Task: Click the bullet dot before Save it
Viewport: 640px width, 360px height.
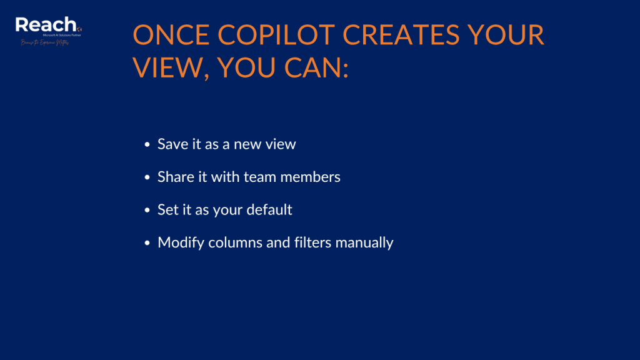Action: [147, 145]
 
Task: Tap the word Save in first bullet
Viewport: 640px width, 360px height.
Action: [171, 144]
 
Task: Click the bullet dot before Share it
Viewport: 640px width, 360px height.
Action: [147, 177]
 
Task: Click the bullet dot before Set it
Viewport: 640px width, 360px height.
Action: [147, 210]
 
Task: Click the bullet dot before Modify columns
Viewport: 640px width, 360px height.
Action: [147, 242]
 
